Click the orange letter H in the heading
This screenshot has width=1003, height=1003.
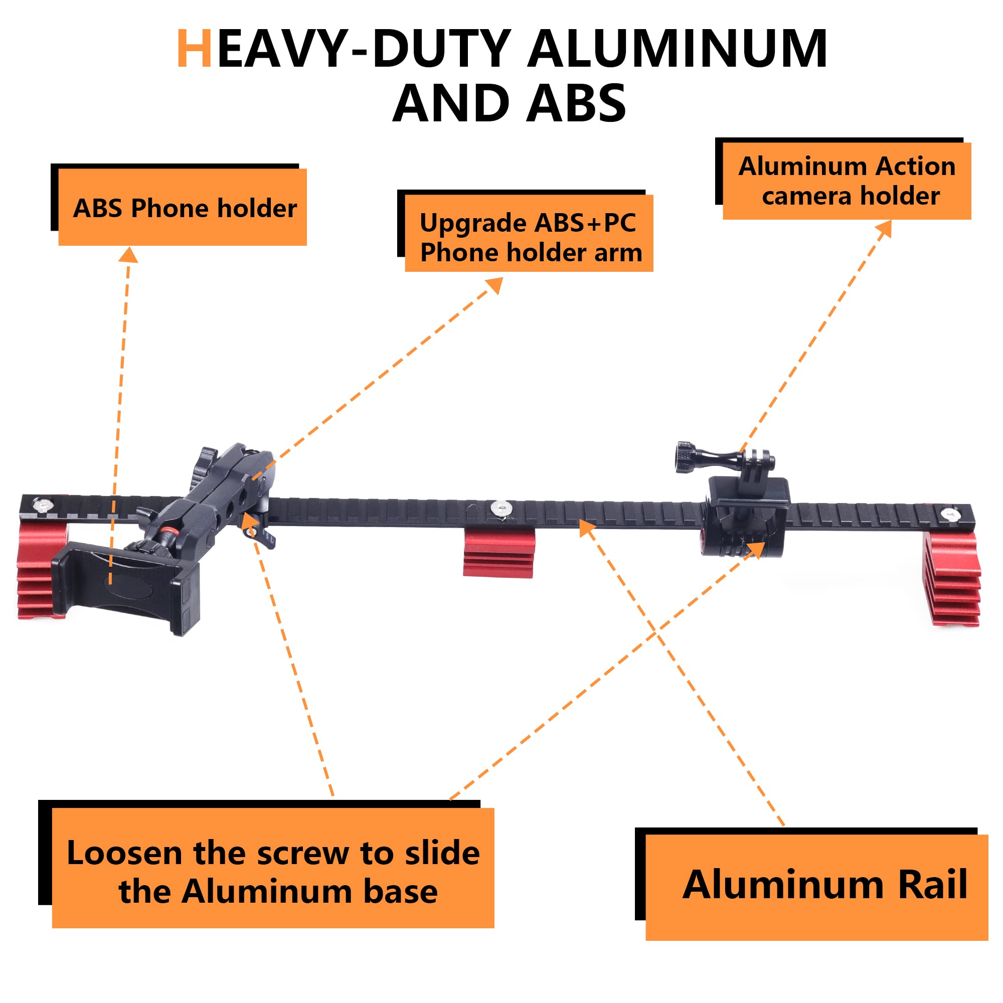point(194,49)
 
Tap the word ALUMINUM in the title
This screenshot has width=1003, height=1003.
point(678,49)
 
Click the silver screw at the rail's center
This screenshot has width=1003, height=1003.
point(499,506)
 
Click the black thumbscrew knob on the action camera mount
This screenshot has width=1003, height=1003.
point(685,456)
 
